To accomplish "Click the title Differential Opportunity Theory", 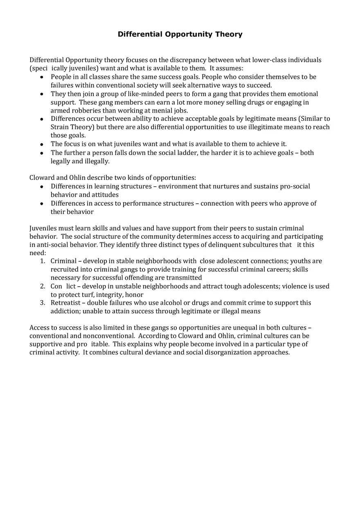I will (180, 34).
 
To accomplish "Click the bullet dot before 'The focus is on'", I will (42, 144).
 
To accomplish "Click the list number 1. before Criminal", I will (43, 261).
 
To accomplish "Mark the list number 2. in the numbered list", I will (43, 286).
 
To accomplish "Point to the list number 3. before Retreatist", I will (43, 303).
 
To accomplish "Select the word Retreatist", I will (65, 303).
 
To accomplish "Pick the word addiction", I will (65, 311).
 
